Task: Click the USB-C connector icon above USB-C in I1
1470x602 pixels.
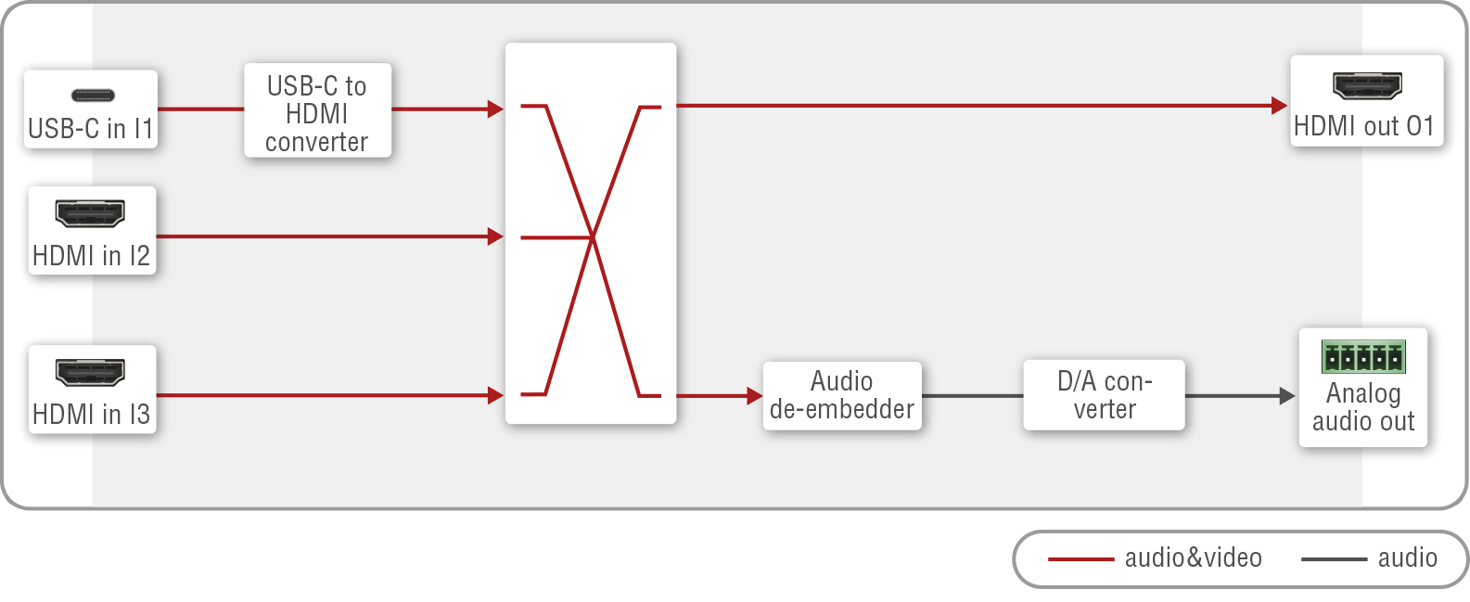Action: (x=93, y=96)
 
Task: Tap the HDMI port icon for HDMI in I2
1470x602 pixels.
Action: (x=90, y=213)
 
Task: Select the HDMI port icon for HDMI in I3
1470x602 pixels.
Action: (x=90, y=372)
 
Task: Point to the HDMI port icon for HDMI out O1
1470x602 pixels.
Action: (x=1367, y=85)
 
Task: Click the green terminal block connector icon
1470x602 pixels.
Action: (x=1363, y=356)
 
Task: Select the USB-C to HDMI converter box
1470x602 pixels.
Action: (x=317, y=109)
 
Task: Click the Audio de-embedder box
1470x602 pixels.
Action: (x=842, y=395)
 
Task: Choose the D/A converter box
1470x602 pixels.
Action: (x=1105, y=394)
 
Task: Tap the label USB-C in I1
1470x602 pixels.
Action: (x=91, y=129)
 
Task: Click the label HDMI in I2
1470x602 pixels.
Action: (x=91, y=256)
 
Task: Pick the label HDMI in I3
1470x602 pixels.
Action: (x=91, y=415)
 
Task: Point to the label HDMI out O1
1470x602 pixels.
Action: (x=1363, y=126)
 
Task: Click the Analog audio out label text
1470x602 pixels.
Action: (x=1363, y=407)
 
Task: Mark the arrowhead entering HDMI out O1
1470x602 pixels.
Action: (x=1279, y=105)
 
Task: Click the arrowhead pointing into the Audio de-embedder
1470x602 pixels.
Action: (x=755, y=396)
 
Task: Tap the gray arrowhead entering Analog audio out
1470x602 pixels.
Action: (x=1287, y=396)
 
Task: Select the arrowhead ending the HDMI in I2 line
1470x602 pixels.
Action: (x=495, y=237)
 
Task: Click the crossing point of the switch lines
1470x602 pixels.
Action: (x=593, y=237)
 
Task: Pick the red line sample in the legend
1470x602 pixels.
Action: (x=1080, y=559)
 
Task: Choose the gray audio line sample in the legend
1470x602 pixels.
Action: (x=1335, y=559)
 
